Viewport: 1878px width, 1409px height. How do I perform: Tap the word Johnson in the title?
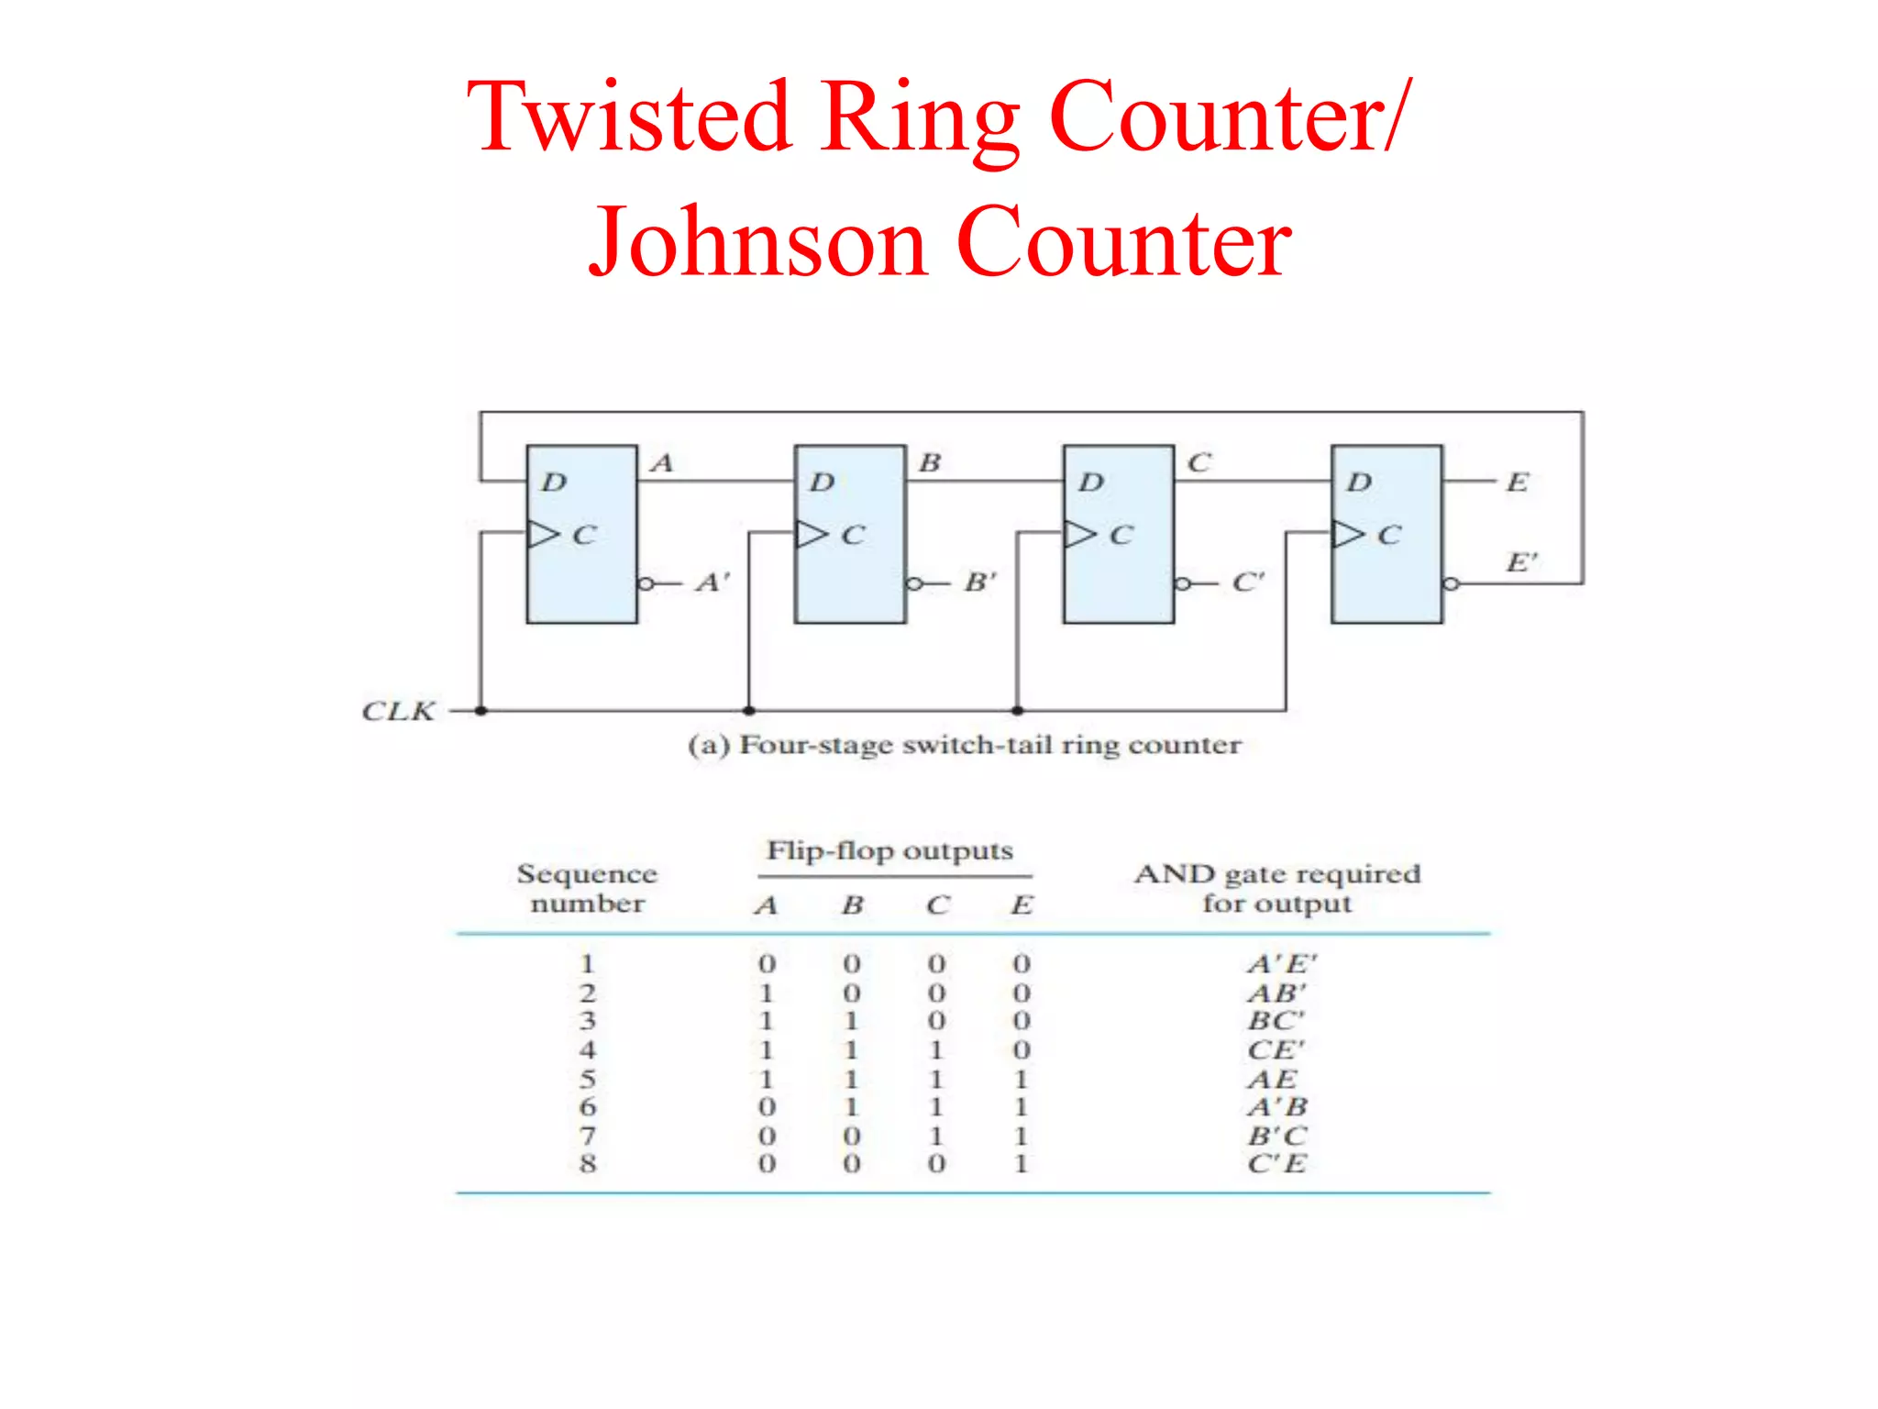click(x=757, y=242)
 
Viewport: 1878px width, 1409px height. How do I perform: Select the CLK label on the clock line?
click(x=398, y=711)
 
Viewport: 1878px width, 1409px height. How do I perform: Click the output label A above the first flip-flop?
click(x=661, y=462)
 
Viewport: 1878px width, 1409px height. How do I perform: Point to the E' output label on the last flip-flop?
click(x=1521, y=561)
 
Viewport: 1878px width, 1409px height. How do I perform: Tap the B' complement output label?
click(x=979, y=582)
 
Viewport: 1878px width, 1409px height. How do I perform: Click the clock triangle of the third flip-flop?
click(x=1079, y=534)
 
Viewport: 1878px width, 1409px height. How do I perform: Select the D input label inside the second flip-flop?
click(x=822, y=483)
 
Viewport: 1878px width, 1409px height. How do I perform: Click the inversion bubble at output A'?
click(x=646, y=583)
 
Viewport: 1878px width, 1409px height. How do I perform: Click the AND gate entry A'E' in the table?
click(x=1281, y=964)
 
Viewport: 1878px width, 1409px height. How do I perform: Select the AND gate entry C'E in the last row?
click(x=1276, y=1164)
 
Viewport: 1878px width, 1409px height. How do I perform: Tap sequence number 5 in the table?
click(x=588, y=1079)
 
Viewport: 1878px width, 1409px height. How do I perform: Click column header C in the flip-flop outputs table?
click(x=937, y=905)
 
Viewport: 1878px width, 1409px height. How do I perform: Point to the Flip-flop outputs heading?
click(x=889, y=850)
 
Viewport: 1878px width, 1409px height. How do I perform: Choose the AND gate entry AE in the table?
click(x=1273, y=1079)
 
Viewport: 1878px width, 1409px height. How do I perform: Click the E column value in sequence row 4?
click(x=1022, y=1049)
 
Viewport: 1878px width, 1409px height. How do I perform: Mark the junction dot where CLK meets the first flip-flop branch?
click(x=481, y=711)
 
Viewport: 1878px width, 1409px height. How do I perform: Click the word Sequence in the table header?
click(x=587, y=873)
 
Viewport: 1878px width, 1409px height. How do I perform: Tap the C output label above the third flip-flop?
click(x=1199, y=462)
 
